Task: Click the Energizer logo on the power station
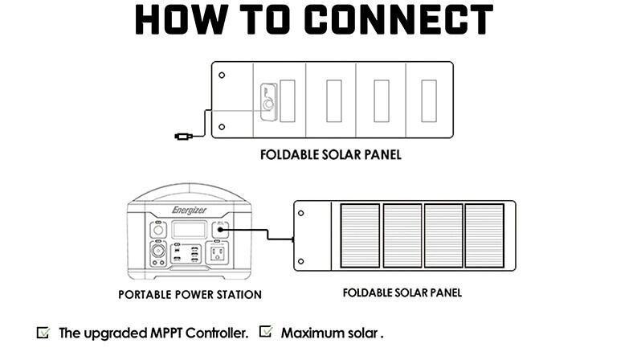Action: point(189,211)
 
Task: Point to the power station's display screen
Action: point(190,230)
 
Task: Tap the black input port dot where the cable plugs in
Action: point(220,230)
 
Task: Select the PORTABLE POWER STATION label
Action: point(190,295)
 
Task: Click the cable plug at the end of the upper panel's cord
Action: point(182,137)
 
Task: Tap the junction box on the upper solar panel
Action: point(267,101)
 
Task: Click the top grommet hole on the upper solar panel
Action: point(222,76)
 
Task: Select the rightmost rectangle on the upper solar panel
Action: point(429,101)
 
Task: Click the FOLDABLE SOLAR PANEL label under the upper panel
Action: point(330,154)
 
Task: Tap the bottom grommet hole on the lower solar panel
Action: point(301,261)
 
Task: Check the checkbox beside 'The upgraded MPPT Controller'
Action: point(43,332)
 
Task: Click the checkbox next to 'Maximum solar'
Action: point(266,332)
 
